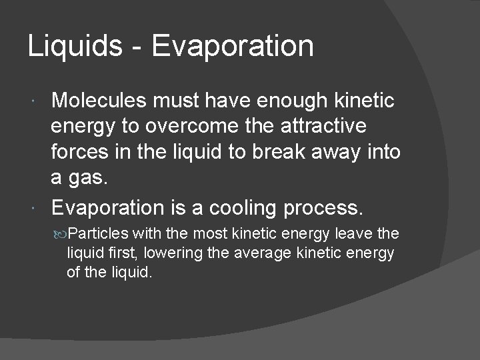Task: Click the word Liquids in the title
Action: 75,47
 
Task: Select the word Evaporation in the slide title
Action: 232,47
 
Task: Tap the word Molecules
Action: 99,101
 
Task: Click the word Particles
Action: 98,233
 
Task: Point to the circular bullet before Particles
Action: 61,234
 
